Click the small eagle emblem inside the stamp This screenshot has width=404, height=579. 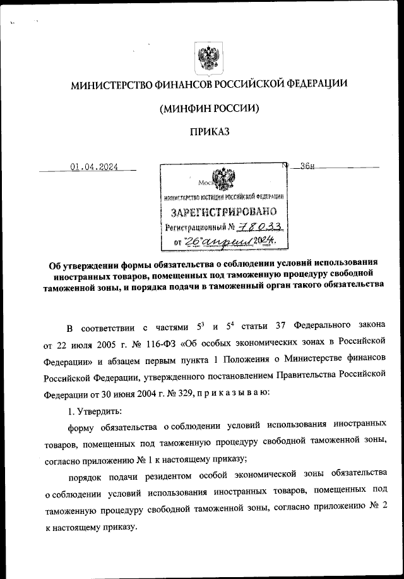tap(223, 178)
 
